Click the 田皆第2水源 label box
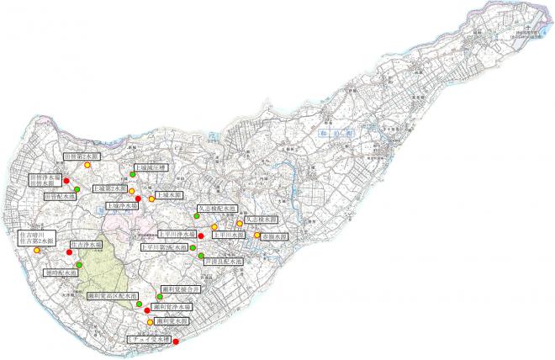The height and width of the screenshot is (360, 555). pos(82,156)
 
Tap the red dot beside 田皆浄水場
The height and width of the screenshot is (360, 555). pos(66,182)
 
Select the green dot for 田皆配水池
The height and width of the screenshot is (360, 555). pos(77,189)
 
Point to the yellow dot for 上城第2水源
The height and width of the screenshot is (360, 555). pos(131,191)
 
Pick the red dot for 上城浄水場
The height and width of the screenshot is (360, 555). pos(138,199)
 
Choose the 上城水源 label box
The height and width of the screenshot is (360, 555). pos(170,195)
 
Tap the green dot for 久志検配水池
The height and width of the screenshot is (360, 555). pos(197,215)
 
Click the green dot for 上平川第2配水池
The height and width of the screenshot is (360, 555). pos(193,248)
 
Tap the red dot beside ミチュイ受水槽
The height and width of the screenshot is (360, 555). pos(175,340)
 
